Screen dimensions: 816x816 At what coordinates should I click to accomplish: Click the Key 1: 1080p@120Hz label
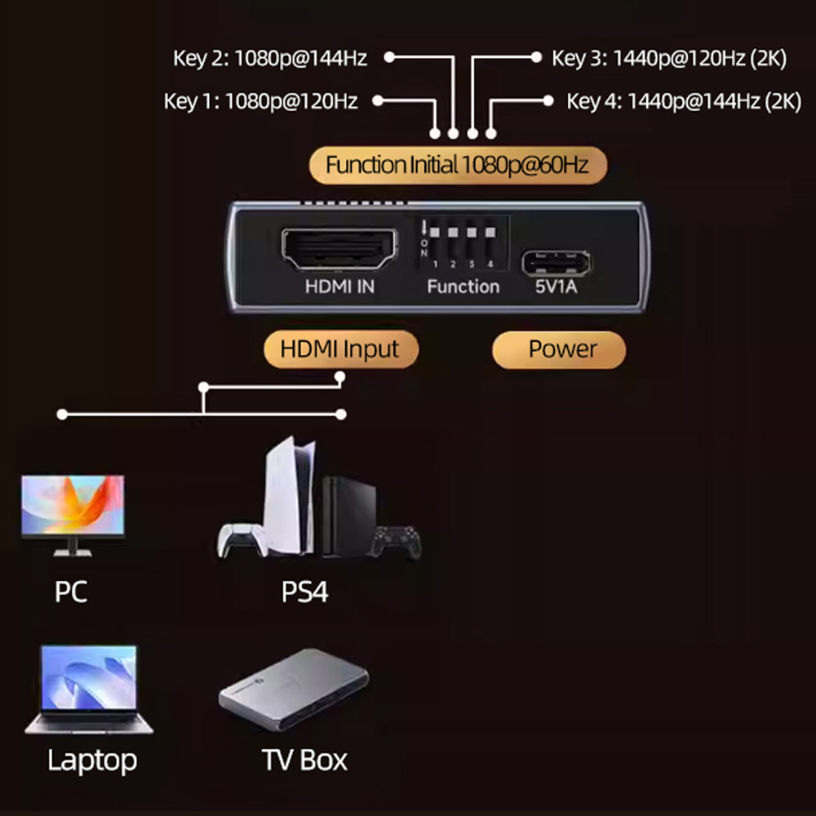point(261,101)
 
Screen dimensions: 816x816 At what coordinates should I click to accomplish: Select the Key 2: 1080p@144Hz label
point(270,58)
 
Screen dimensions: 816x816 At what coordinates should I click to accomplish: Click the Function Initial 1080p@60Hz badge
point(457,165)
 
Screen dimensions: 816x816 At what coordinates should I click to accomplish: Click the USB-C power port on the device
point(557,261)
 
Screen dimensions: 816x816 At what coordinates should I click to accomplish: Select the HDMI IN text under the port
point(339,286)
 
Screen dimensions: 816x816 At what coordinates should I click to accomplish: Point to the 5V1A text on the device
point(557,286)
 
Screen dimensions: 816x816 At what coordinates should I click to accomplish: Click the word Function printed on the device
point(463,286)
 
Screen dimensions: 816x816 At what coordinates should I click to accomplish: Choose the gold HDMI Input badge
point(340,349)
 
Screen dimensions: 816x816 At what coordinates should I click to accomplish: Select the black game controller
point(397,541)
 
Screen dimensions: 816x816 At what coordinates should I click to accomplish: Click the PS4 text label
point(304,592)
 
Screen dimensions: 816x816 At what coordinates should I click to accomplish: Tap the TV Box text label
point(304,760)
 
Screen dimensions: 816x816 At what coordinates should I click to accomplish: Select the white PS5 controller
point(242,539)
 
